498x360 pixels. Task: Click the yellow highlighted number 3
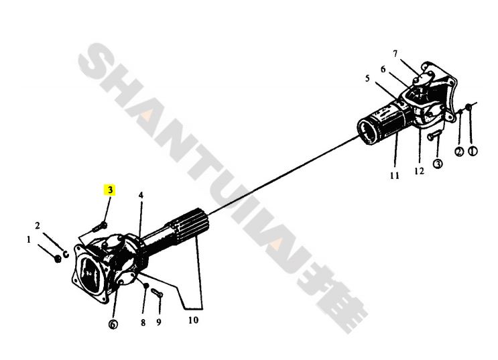110,190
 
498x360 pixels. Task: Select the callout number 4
141,195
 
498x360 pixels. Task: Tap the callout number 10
193,320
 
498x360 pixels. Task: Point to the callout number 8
143,322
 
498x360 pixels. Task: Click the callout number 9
159,322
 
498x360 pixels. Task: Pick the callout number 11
395,176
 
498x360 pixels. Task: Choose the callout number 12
419,171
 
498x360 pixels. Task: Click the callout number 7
395,54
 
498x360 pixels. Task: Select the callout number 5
367,78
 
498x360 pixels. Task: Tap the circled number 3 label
438,164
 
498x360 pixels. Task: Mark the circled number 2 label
459,152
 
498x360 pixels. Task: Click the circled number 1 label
473,151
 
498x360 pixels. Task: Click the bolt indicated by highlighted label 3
100,227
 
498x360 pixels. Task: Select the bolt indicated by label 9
157,293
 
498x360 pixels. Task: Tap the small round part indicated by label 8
145,286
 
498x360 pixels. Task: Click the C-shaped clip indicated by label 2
66,254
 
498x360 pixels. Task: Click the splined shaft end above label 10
189,226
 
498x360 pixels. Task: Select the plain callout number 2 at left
38,226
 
